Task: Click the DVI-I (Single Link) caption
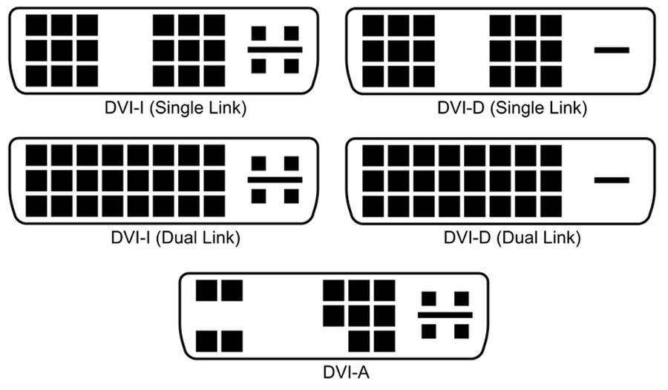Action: pos(175,108)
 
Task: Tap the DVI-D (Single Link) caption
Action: pos(512,108)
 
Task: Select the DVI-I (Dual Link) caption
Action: pos(175,237)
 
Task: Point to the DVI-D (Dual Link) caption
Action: pos(512,237)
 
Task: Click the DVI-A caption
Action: pos(346,372)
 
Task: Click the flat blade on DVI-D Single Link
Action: pos(612,50)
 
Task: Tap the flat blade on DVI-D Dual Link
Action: pos(612,180)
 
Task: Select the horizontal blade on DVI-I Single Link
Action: pos(275,50)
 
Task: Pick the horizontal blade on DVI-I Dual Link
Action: pos(275,179)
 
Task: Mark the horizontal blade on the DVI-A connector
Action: pos(445,315)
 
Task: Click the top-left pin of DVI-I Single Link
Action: pos(36,25)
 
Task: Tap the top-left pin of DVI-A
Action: pos(206,291)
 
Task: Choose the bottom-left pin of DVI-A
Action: pos(206,342)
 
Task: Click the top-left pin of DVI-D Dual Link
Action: pos(373,155)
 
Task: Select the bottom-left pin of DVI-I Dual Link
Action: pos(36,206)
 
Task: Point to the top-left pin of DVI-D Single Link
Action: pos(373,25)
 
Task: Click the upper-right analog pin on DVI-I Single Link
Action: pos(292,33)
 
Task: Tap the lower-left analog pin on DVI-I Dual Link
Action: pos(258,196)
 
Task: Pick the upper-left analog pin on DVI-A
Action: pos(428,299)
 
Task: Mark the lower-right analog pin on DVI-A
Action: pos(462,331)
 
